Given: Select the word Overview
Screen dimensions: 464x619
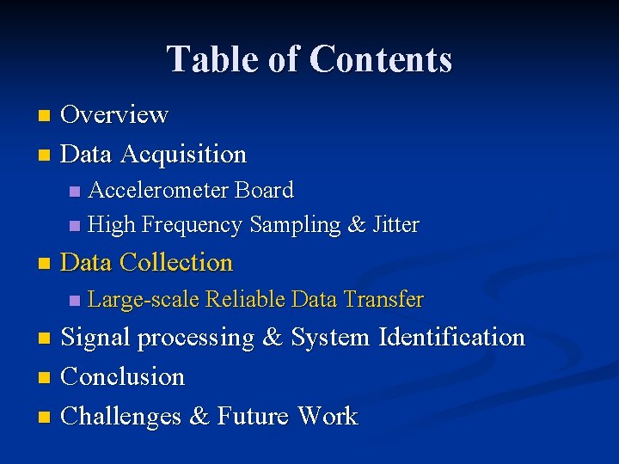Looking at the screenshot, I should (x=114, y=113).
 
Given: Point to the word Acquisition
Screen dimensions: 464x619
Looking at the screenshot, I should (x=183, y=155).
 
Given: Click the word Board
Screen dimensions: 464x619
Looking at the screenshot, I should (x=264, y=190).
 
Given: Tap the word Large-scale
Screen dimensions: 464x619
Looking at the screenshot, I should (x=144, y=299).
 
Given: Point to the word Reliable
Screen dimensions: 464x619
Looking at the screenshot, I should (x=246, y=299).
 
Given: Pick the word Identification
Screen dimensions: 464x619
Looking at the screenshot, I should (x=451, y=337).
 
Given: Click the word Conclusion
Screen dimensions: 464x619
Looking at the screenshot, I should (x=123, y=376).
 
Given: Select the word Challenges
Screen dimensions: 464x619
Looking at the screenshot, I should (x=122, y=416).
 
